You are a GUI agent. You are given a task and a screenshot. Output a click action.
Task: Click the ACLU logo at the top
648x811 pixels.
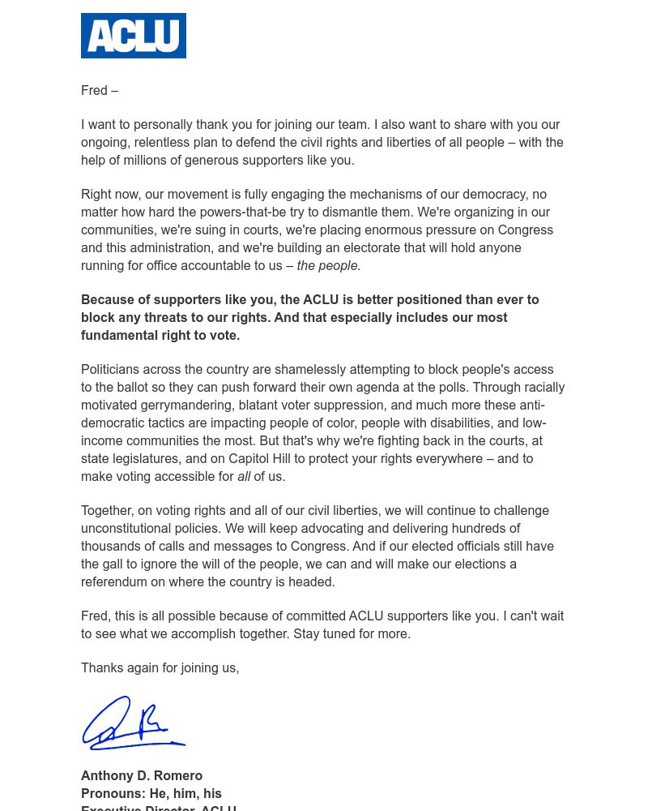tap(134, 36)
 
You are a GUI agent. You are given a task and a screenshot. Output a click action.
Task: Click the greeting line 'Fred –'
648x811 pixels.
tap(100, 91)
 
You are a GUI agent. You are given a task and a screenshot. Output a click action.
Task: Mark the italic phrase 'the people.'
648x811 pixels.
tap(328, 266)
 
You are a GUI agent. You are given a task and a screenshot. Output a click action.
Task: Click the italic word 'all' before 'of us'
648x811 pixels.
tap(244, 477)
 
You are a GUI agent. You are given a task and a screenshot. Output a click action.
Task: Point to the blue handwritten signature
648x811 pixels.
tap(134, 723)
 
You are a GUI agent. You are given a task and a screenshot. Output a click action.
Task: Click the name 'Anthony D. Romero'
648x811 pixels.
tap(142, 776)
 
